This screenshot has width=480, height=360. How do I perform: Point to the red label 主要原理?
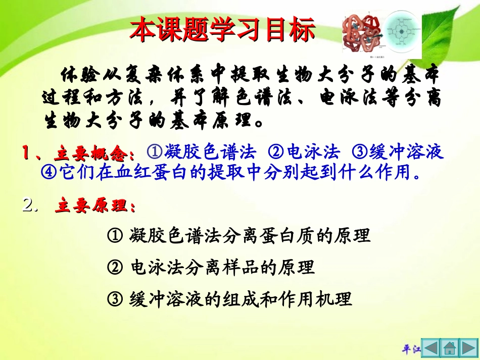point(95,207)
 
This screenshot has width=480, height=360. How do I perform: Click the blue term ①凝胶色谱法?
point(202,152)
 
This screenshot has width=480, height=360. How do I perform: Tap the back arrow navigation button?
point(430,348)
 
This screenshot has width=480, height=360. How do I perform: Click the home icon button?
point(449,348)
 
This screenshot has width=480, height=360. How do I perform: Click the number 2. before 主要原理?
point(30,205)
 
